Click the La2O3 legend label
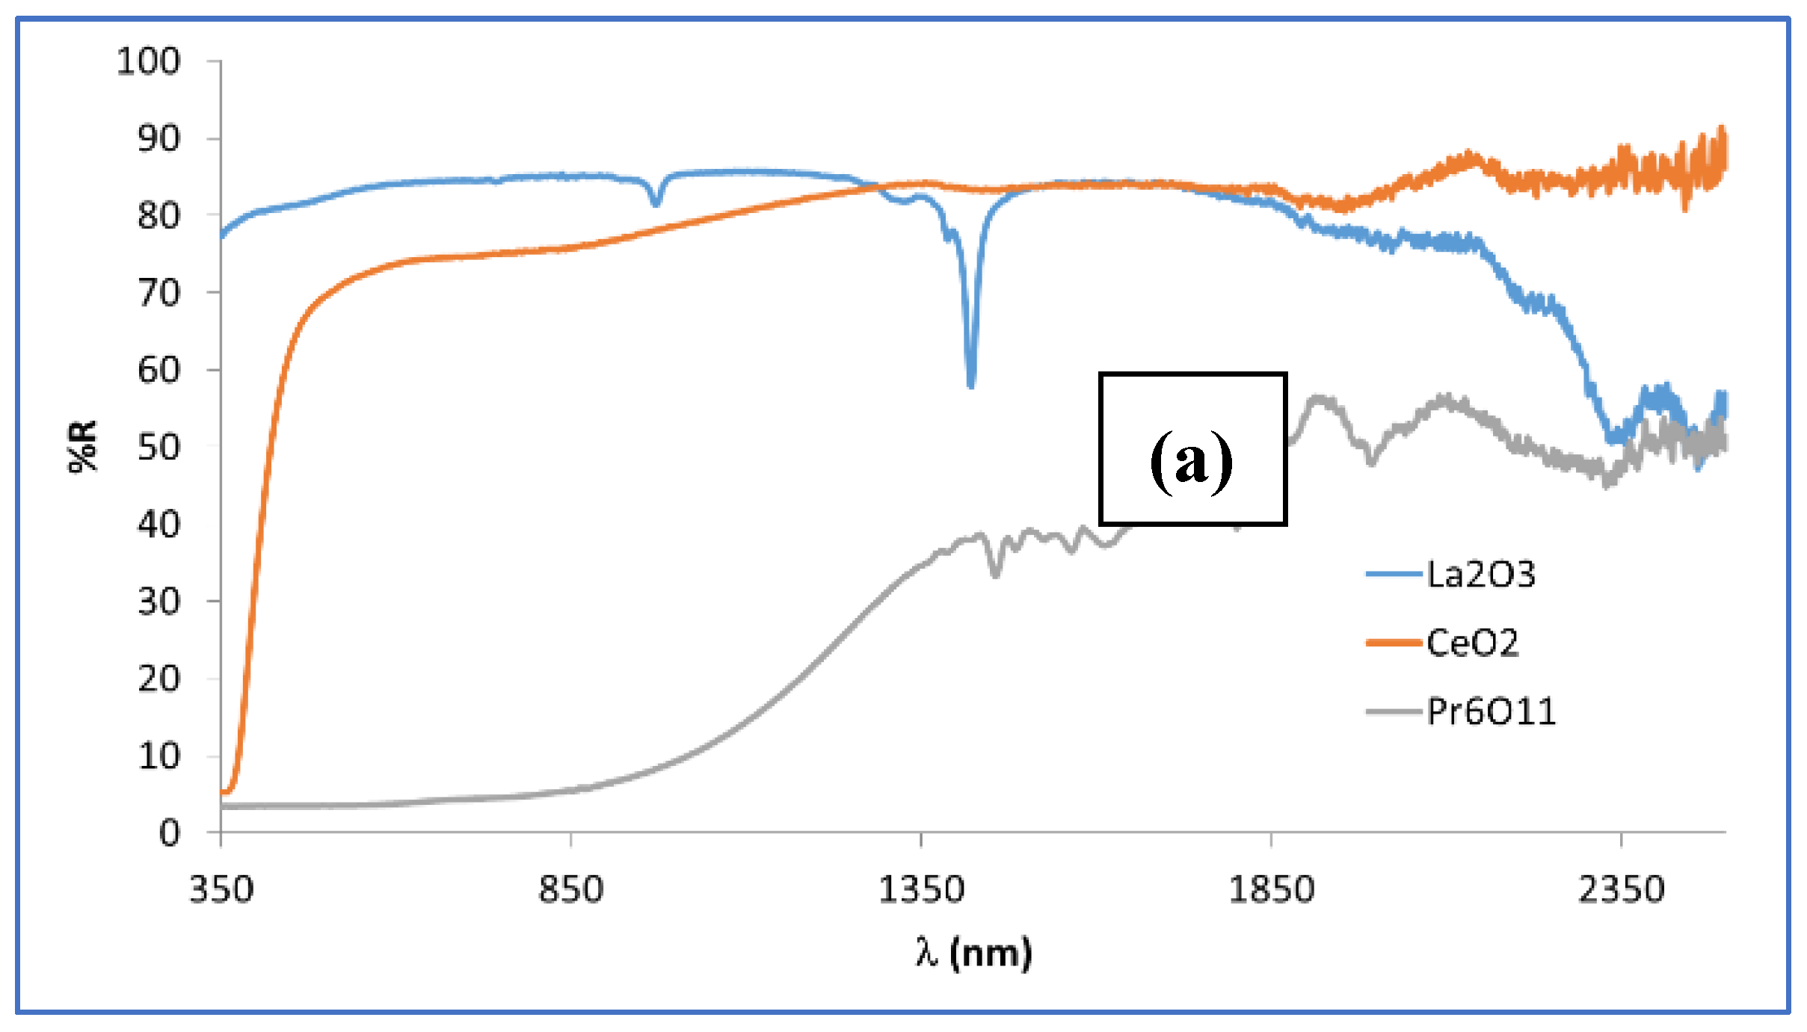coord(1480,575)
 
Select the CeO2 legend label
coord(1472,643)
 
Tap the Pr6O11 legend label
coord(1491,711)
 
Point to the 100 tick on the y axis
coord(148,61)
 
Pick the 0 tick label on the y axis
coord(169,832)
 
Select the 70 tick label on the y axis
coord(158,293)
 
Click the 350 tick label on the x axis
coord(221,890)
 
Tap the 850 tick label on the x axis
coord(571,890)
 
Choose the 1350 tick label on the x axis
coord(921,890)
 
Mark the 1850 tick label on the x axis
coord(1271,890)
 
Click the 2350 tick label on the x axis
coord(1621,890)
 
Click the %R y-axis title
coord(83,446)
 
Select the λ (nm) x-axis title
coord(973,953)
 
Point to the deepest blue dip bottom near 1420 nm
coord(970,384)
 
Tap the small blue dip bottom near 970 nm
coord(656,203)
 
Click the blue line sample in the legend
coord(1394,575)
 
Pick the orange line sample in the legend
coord(1394,643)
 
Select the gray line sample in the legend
coord(1394,711)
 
